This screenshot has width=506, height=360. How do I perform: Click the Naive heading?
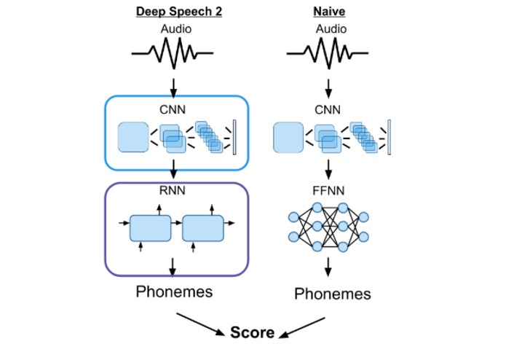[329, 12]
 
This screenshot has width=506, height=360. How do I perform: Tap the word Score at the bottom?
[252, 333]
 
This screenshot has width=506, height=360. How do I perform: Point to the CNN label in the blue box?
[173, 109]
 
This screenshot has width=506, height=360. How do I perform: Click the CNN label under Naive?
[328, 110]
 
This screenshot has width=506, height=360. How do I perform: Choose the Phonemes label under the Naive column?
[332, 294]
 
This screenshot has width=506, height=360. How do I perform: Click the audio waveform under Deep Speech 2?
[173, 53]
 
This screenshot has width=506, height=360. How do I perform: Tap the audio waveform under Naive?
[328, 53]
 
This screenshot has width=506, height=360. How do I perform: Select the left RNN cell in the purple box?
[150, 228]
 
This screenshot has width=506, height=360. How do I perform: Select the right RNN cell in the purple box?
[202, 228]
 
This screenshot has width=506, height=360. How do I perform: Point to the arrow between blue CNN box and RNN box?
[173, 169]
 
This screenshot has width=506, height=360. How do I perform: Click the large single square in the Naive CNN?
[288, 138]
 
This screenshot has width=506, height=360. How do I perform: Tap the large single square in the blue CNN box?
[133, 138]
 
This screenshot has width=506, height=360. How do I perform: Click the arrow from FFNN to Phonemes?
[328, 265]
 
